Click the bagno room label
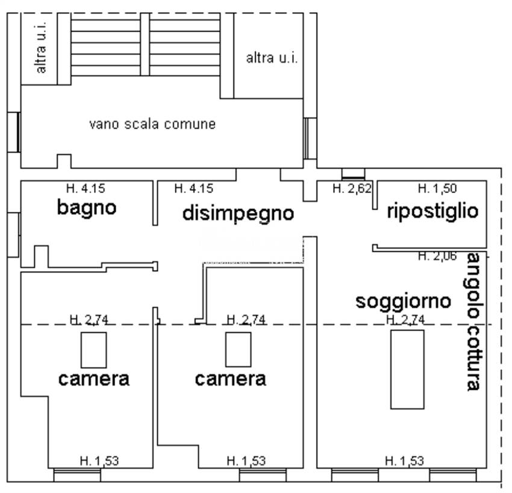pyautogui.click(x=87, y=208)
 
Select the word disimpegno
pyautogui.click(x=238, y=213)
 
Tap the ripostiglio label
pyautogui.click(x=432, y=211)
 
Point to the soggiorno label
pyautogui.click(x=403, y=301)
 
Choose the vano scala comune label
pyautogui.click(x=152, y=125)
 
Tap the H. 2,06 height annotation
pyautogui.click(x=437, y=256)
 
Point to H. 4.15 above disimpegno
pyautogui.click(x=193, y=188)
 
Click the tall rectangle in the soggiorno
pyautogui.click(x=407, y=369)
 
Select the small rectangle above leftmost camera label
pyautogui.click(x=94, y=349)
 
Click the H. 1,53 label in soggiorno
pyautogui.click(x=404, y=461)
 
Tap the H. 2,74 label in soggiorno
pyautogui.click(x=406, y=319)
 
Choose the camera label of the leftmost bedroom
pyautogui.click(x=93, y=379)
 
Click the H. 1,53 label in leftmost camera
pyautogui.click(x=99, y=461)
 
